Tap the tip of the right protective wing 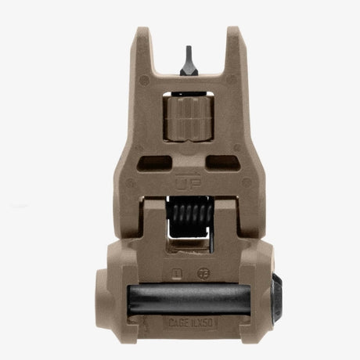click(232, 33)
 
